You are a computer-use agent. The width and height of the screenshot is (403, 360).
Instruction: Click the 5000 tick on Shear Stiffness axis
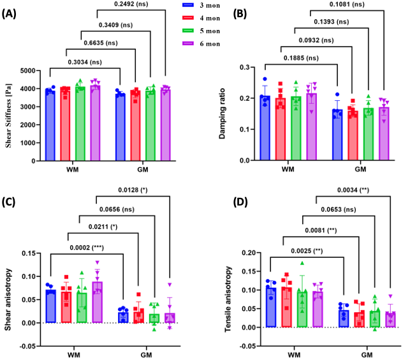(31, 71)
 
